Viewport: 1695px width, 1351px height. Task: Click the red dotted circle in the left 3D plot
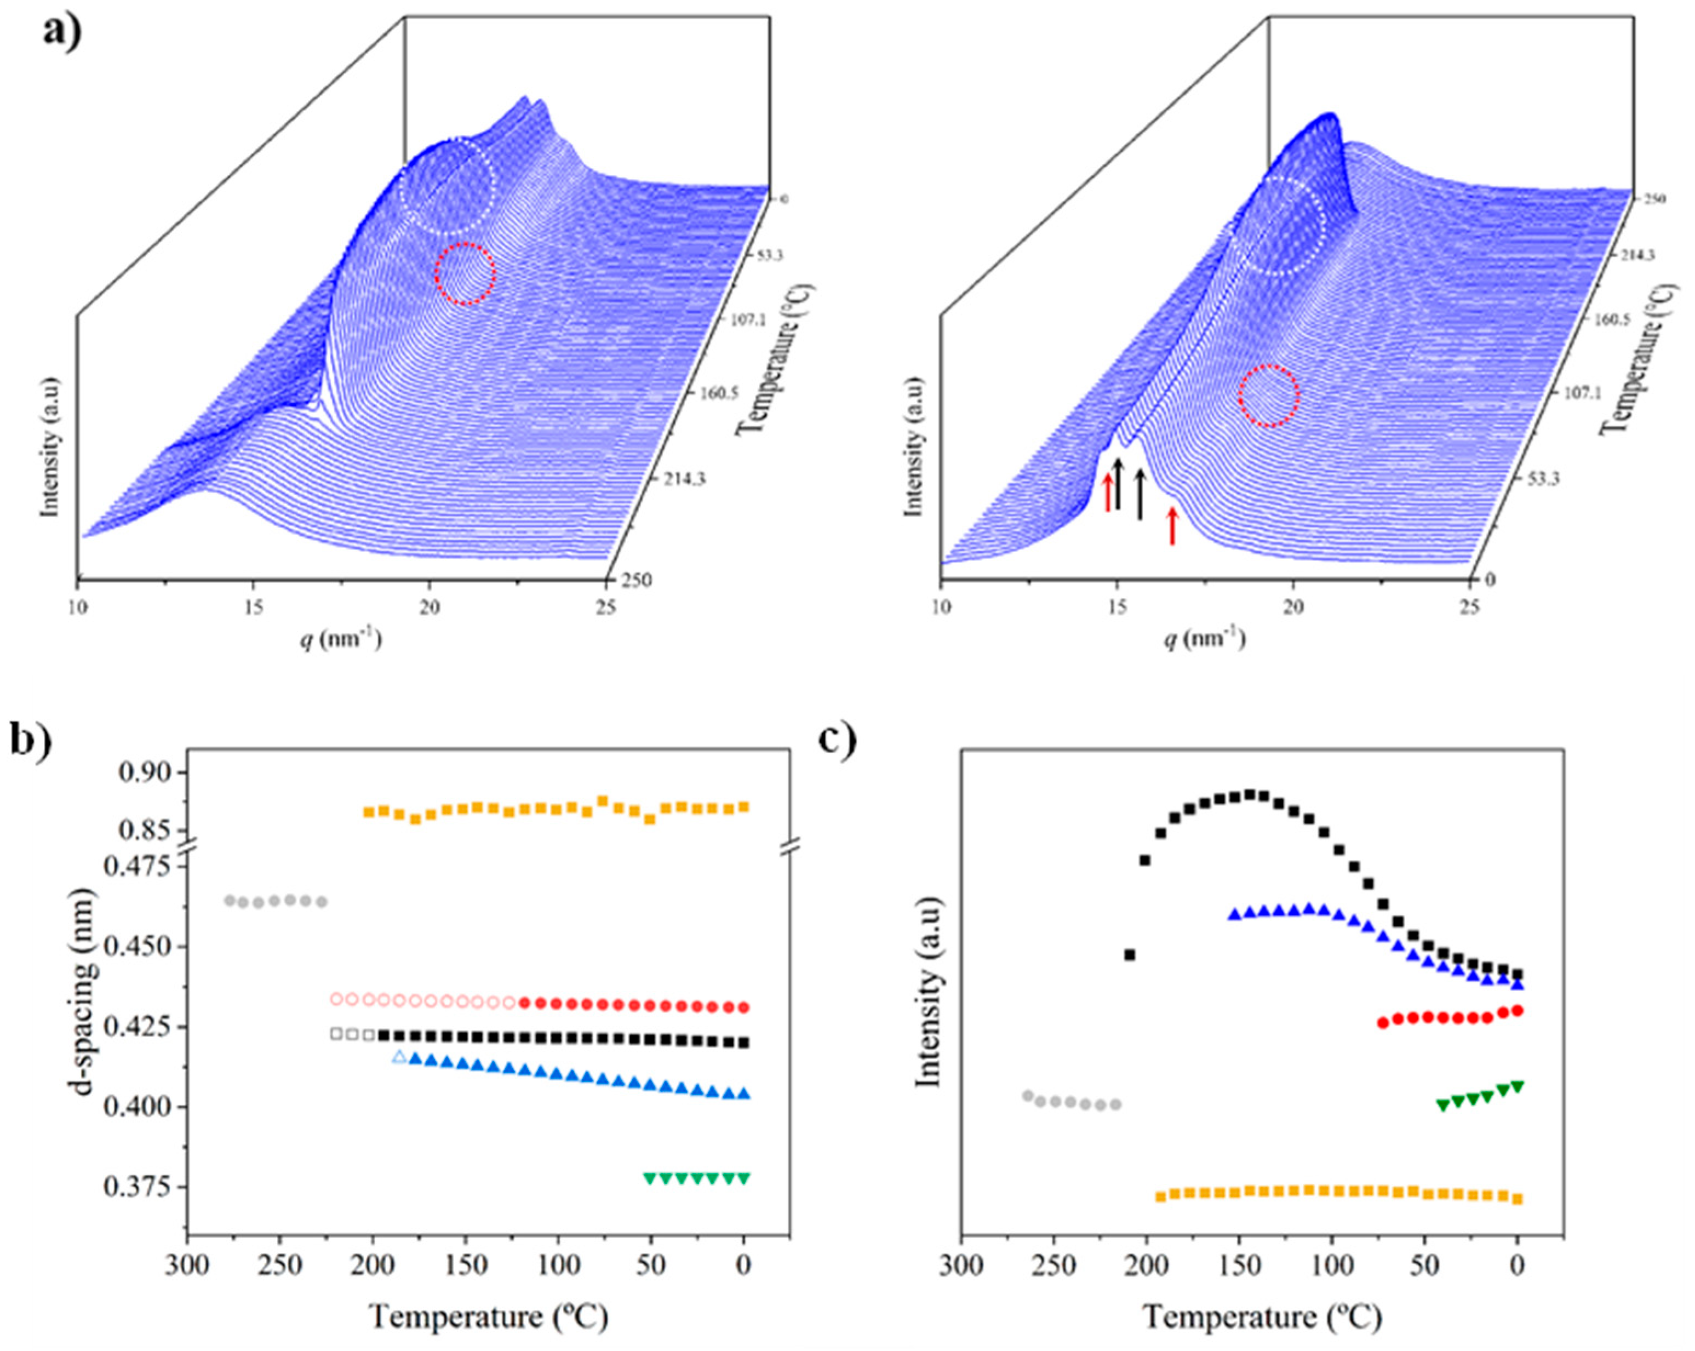[466, 273]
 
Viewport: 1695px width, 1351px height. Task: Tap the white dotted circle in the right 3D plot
[1277, 226]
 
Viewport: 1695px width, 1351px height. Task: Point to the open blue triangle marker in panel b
[399, 1057]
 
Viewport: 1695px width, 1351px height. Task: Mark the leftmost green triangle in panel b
[649, 1178]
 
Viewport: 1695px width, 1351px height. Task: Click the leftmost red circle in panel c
[1383, 1023]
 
